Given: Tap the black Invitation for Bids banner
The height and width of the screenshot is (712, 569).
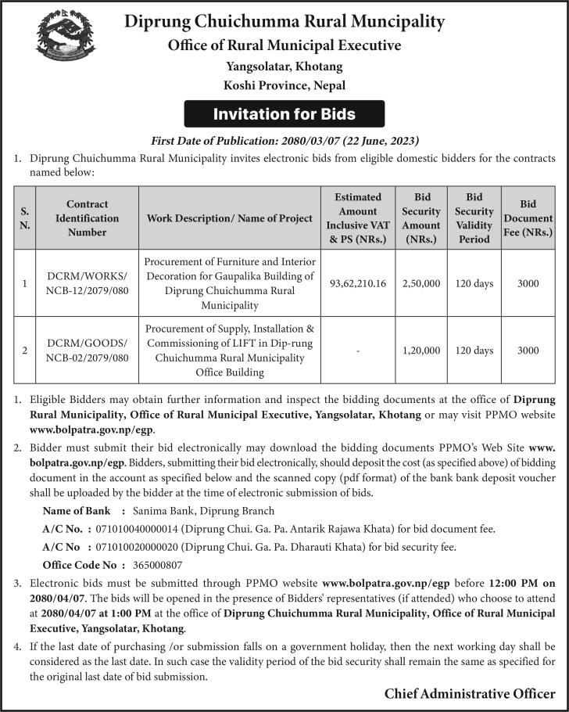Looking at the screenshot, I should click(x=284, y=114).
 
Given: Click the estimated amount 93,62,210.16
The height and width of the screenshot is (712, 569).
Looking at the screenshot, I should click(x=359, y=283).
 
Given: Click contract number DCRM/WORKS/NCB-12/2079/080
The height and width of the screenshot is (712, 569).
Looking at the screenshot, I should click(x=88, y=283).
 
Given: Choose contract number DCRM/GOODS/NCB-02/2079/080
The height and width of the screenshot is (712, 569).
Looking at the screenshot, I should click(x=88, y=351).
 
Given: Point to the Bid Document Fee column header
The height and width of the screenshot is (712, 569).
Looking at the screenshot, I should click(x=528, y=218).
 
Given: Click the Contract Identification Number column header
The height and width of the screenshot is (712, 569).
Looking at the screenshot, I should click(x=88, y=218).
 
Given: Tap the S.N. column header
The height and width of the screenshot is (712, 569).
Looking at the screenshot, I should click(x=25, y=218).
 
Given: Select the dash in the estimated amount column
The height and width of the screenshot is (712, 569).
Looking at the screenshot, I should click(x=359, y=351).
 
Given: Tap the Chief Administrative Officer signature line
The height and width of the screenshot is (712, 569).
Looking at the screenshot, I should click(x=470, y=693).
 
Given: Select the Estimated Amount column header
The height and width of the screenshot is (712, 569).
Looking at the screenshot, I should click(x=359, y=218).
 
